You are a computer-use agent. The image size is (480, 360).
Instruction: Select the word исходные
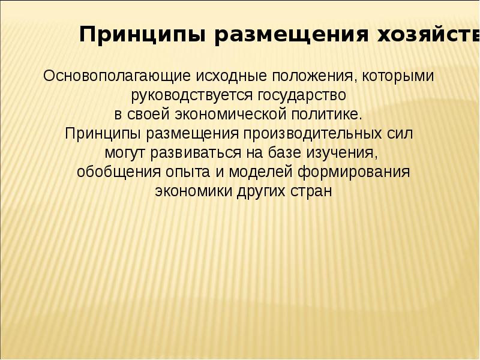click(233, 77)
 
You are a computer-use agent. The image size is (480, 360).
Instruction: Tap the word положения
click(311, 77)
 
